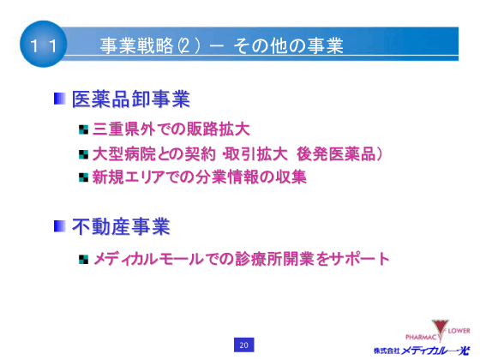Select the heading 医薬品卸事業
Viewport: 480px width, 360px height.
pyautogui.click(x=131, y=99)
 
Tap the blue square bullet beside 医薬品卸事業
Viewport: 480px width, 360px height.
pyautogui.click(x=60, y=99)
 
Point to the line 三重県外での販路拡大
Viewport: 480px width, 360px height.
pyautogui.click(x=171, y=130)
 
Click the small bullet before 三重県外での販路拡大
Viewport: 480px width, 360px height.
pyautogui.click(x=83, y=131)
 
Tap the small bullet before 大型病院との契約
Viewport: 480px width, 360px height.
pyautogui.click(x=83, y=154)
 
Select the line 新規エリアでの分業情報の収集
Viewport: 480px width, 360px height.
pyautogui.click(x=200, y=177)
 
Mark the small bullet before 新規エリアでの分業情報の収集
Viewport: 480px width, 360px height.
pyautogui.click(x=83, y=177)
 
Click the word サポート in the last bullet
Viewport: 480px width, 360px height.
pyautogui.click(x=360, y=257)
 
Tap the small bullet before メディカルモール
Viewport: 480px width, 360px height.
pyautogui.click(x=83, y=258)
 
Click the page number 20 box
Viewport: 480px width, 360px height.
pyautogui.click(x=243, y=345)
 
